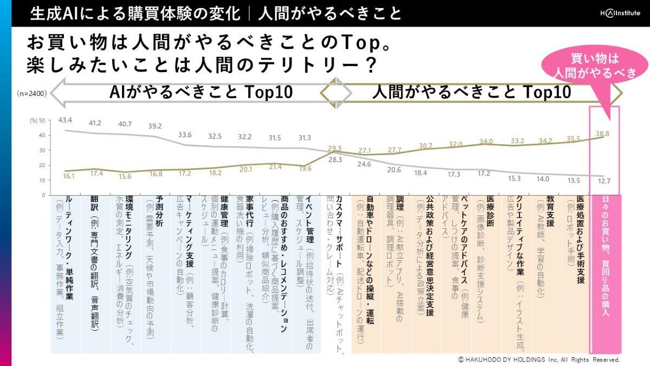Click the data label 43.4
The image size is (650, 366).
click(65, 119)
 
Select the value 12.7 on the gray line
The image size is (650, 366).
click(603, 181)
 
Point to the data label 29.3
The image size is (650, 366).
click(335, 148)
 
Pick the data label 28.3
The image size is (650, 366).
click(335, 160)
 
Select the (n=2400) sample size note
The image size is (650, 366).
click(31, 94)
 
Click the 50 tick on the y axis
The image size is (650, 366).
click(42, 120)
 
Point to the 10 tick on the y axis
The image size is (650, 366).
click(42, 180)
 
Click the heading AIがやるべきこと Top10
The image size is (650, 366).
click(200, 92)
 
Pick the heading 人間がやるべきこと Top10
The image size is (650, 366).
click(471, 92)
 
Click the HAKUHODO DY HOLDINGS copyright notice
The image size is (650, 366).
click(538, 359)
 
